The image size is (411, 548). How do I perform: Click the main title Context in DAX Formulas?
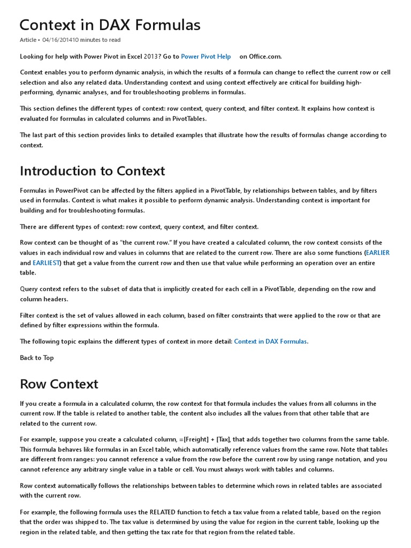(x=110, y=25)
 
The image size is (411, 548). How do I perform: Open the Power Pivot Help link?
(x=206, y=56)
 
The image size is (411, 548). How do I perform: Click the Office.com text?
(x=265, y=56)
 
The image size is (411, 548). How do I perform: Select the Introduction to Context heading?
(x=92, y=171)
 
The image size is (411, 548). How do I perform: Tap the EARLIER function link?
(x=377, y=253)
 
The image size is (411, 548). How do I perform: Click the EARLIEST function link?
(x=47, y=263)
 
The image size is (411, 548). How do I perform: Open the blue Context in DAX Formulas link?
(x=270, y=341)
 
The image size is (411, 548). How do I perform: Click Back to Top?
(x=37, y=357)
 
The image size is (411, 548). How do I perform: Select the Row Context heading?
(x=59, y=384)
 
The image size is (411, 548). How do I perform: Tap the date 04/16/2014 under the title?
(x=59, y=40)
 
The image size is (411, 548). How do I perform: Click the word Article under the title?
(x=28, y=40)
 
